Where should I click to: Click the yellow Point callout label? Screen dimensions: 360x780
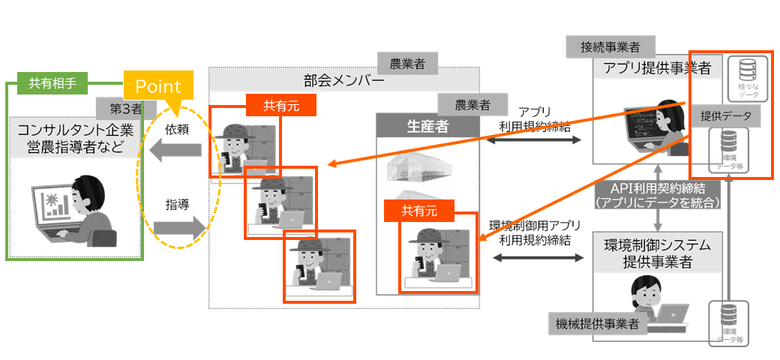[158, 86]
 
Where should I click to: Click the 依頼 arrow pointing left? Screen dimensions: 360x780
[177, 151]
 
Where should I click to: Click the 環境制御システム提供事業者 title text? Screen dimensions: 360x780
[656, 253]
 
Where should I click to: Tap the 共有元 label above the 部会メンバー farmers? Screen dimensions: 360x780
[280, 105]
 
